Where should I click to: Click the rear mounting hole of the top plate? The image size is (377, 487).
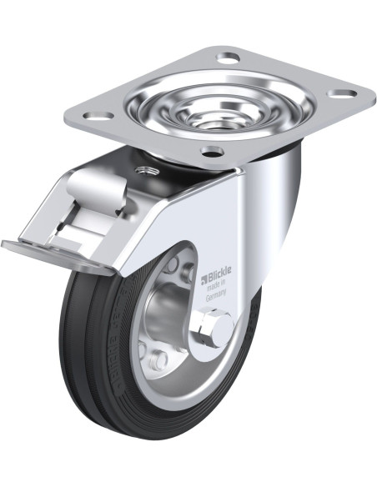click(228, 59)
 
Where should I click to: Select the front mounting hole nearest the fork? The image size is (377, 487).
click(212, 153)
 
